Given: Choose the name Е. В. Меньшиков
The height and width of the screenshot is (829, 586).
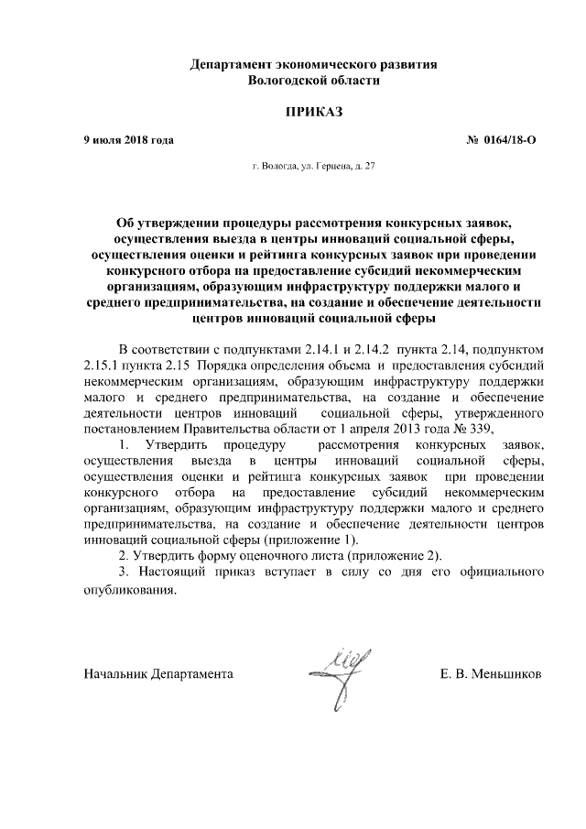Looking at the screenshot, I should tap(491, 673).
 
